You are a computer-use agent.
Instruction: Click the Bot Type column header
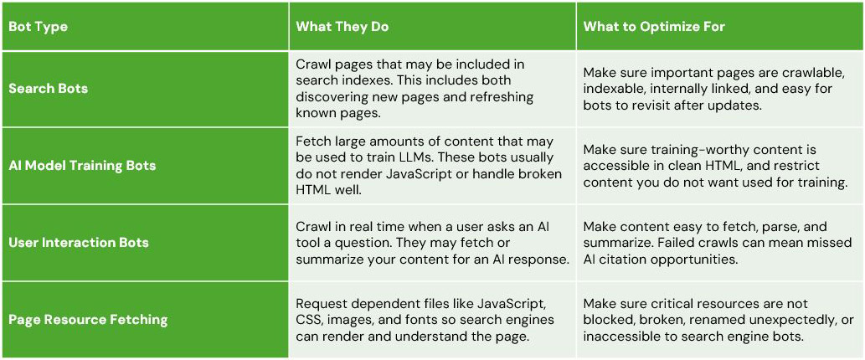pyautogui.click(x=38, y=27)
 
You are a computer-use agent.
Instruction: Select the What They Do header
pyautogui.click(x=342, y=27)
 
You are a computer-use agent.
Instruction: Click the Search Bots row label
pyautogui.click(x=48, y=89)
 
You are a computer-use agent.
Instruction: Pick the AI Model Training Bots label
pyautogui.click(x=82, y=166)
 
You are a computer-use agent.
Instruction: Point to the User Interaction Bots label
pyautogui.click(x=79, y=243)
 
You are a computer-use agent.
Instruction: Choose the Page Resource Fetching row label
pyautogui.click(x=88, y=320)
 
